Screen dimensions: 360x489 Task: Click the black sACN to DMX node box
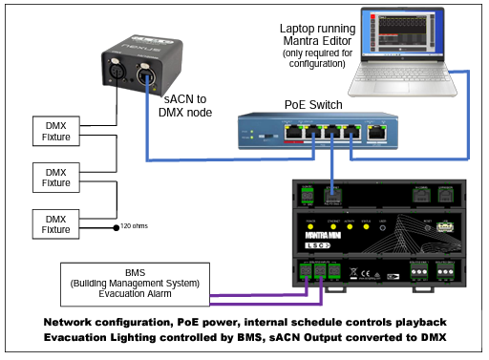pyautogui.click(x=142, y=68)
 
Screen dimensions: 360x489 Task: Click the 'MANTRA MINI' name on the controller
pyautogui.click(x=319, y=231)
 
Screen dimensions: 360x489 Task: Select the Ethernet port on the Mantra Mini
pyautogui.click(x=333, y=195)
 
